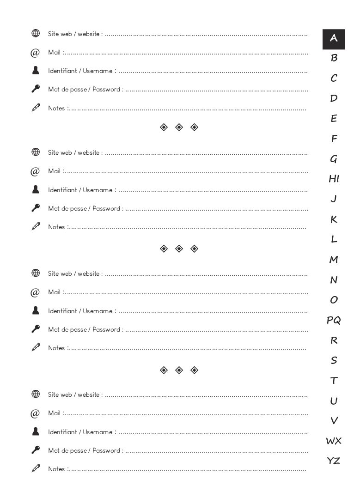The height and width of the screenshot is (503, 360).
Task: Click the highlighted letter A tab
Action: pos(334,39)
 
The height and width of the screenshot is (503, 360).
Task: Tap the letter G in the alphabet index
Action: pos(334,159)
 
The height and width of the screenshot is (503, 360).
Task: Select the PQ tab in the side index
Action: pos(334,320)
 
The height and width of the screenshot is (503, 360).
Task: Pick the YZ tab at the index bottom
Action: pos(334,461)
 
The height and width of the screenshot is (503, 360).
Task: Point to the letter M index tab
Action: pos(334,260)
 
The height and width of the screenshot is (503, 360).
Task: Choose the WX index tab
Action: pos(334,441)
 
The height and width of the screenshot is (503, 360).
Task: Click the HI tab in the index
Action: pos(334,179)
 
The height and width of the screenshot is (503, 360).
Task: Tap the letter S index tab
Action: pos(334,360)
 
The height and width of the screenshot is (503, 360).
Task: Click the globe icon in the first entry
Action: pos(36,33)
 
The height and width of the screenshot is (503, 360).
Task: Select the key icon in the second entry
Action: pos(36,208)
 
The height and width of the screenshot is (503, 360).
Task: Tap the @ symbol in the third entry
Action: pos(35,292)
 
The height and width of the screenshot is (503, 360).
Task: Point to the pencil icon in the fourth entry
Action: pos(36,468)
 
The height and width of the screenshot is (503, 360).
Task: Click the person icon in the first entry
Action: pos(36,70)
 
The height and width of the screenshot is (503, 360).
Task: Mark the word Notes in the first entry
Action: pos(56,108)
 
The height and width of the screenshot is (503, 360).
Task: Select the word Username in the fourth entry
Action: pos(98,432)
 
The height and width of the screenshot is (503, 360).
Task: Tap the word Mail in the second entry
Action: pos(54,171)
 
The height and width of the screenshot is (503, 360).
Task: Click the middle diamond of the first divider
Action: pos(179,127)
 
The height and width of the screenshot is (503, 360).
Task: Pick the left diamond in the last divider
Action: pos(164,370)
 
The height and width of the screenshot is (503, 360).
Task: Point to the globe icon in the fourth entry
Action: pos(36,394)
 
